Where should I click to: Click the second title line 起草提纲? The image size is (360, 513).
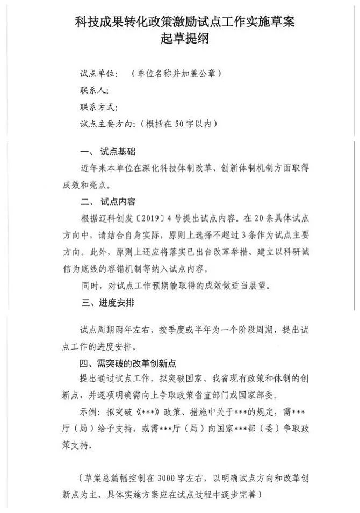[181, 39]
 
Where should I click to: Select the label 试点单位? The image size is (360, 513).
[97, 73]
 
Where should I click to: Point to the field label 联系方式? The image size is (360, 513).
[97, 107]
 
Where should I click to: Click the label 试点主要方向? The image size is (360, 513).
[106, 124]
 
